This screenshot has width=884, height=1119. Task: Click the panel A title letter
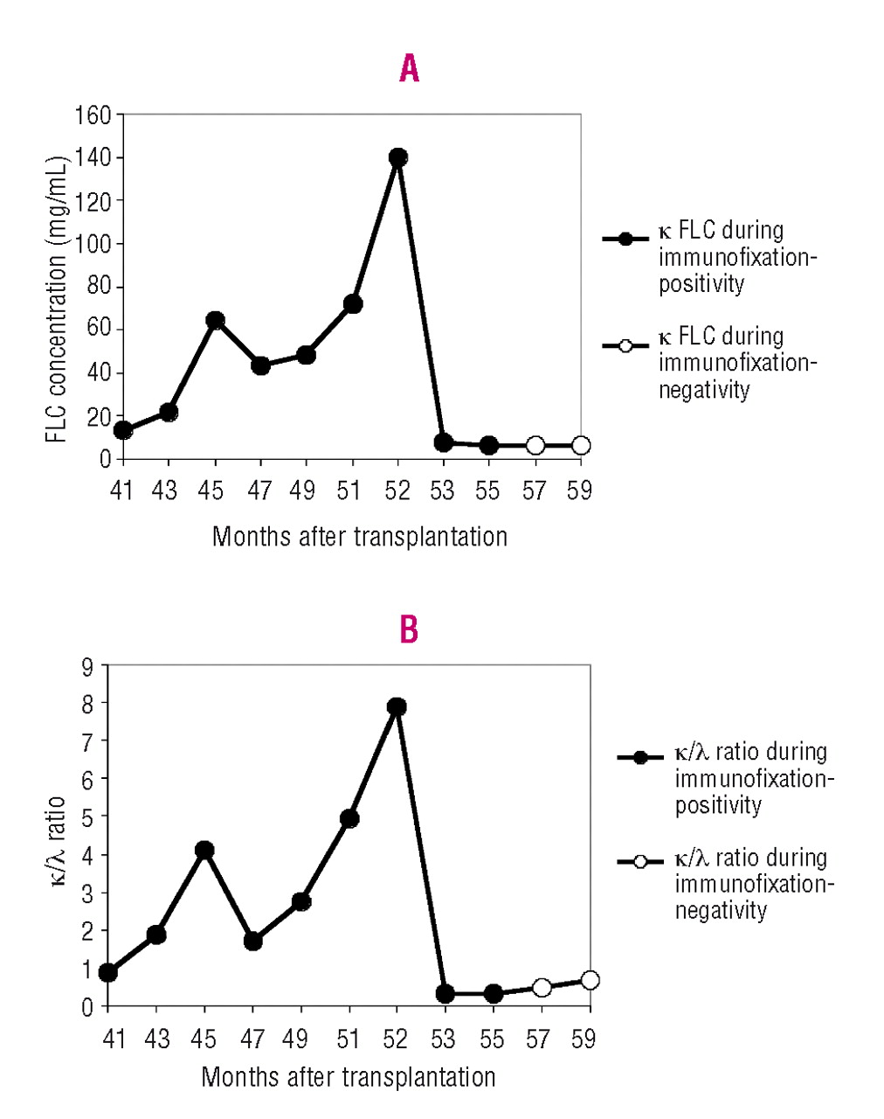pyautogui.click(x=409, y=68)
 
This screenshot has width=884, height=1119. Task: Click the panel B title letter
pyautogui.click(x=409, y=629)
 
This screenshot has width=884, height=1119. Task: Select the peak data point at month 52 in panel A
pyautogui.click(x=398, y=157)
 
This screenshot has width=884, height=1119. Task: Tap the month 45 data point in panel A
pyautogui.click(x=215, y=320)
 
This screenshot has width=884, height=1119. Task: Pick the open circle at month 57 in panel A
pyautogui.click(x=535, y=446)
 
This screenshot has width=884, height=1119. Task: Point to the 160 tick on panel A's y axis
pyautogui.click(x=93, y=115)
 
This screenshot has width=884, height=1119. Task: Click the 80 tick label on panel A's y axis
pyautogui.click(x=99, y=287)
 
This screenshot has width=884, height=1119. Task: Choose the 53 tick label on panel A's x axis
pyautogui.click(x=442, y=491)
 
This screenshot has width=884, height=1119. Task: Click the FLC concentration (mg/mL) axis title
pyautogui.click(x=58, y=300)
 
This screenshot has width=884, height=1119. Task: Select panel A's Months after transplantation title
pyautogui.click(x=359, y=536)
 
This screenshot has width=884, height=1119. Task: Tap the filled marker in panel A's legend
pyautogui.click(x=625, y=239)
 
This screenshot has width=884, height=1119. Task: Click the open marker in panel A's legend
pyautogui.click(x=625, y=346)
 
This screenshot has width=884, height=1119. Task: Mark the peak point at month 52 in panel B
pyautogui.click(x=397, y=706)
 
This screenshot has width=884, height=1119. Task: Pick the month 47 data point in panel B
pyautogui.click(x=253, y=941)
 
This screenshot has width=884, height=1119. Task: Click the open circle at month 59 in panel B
pyautogui.click(x=590, y=980)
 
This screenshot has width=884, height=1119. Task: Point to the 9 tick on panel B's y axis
pyautogui.click(x=87, y=667)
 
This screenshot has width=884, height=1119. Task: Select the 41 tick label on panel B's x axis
pyautogui.click(x=114, y=1039)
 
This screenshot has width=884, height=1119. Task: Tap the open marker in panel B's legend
pyautogui.click(x=640, y=862)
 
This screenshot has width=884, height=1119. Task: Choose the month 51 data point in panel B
pyautogui.click(x=349, y=818)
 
